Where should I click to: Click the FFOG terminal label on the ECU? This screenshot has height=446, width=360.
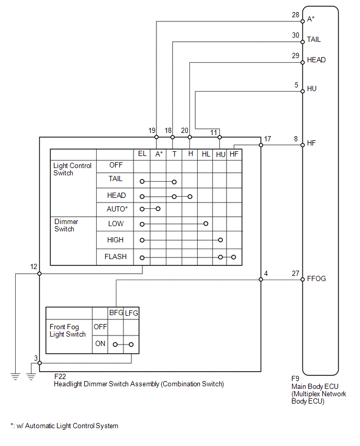pos(316,278)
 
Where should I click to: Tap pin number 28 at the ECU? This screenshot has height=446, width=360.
pos(296,15)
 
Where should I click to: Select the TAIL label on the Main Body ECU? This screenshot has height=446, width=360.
pos(313,40)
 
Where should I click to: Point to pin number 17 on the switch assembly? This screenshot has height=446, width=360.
pos(267,139)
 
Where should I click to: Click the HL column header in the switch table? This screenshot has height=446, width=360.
pos(206,154)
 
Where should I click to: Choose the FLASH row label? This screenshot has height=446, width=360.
pos(116,257)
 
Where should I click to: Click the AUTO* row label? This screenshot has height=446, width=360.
pos(117,209)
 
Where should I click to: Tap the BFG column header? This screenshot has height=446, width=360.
pos(116,313)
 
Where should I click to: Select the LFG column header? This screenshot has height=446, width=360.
pos(131,313)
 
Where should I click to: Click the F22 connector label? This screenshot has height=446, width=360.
pos(60,376)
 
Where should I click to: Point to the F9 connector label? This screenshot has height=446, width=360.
pos(296,379)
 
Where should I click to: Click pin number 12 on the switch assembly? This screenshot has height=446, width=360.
pos(33,267)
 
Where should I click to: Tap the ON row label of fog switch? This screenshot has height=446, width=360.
pos(100,343)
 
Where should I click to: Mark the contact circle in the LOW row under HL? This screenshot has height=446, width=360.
pos(206,224)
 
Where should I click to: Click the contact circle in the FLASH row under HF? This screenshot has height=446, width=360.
pos(233,257)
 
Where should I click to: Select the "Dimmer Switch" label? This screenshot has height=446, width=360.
pos(66,225)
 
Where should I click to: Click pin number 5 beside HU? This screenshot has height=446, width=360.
pos(296,85)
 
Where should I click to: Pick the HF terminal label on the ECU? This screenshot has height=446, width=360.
pos(311,143)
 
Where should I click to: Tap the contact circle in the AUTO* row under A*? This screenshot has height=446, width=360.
pos(158,209)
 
